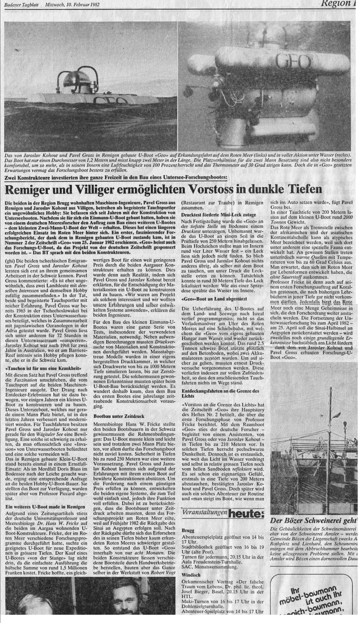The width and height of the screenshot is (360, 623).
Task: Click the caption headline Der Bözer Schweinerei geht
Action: [313, 520]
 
